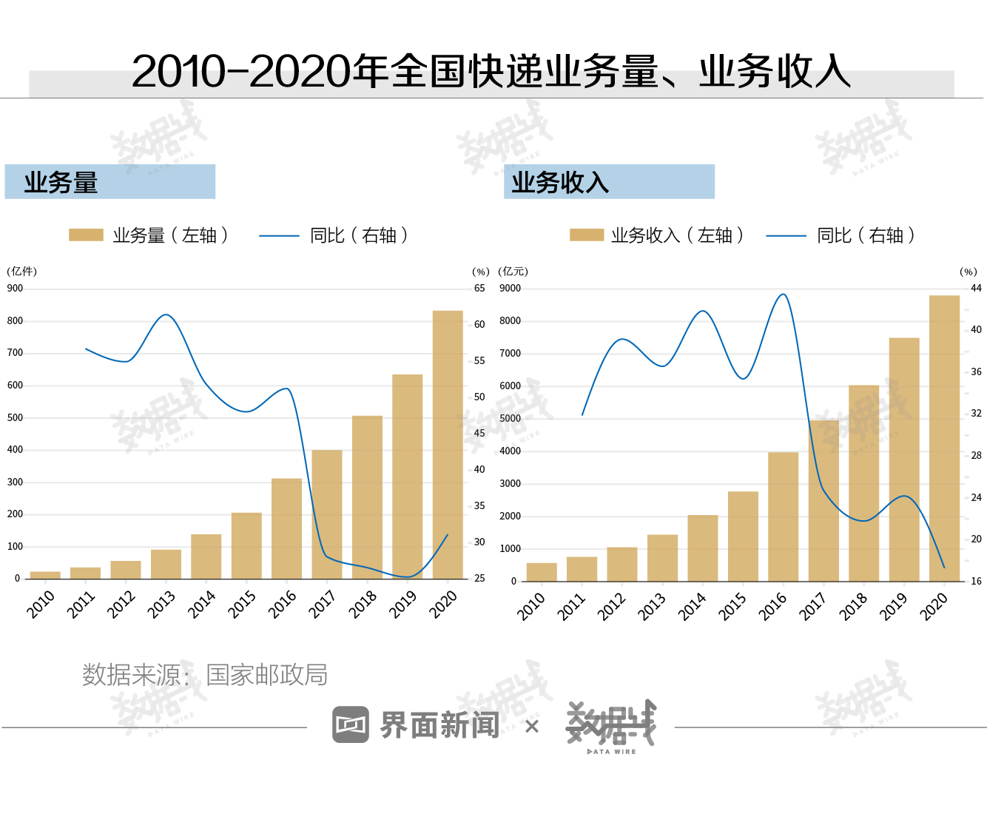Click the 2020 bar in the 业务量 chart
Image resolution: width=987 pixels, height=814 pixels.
(448, 444)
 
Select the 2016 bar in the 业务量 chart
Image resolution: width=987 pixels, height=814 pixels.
(286, 528)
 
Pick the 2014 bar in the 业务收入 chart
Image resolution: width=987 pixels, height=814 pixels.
(703, 548)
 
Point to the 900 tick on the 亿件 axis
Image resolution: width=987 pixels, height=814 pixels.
(15, 289)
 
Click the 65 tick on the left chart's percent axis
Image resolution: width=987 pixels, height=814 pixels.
(479, 289)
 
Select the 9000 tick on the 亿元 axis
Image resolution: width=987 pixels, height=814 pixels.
(510, 289)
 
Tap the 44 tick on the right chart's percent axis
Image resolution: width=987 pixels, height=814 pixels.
(976, 289)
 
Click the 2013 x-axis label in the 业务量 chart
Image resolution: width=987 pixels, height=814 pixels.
(161, 604)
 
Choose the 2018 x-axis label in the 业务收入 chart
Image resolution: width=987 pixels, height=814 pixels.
(853, 606)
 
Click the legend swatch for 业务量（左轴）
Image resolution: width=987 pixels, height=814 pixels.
(86, 235)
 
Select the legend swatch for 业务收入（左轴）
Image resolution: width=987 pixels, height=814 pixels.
(587, 235)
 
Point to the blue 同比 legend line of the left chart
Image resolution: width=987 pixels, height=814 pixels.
(279, 236)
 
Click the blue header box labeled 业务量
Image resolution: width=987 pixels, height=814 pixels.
(110, 182)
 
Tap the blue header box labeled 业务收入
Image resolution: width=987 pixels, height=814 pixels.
(609, 182)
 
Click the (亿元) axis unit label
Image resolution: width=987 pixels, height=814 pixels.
(513, 272)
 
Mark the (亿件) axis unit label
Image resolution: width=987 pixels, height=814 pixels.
(21, 272)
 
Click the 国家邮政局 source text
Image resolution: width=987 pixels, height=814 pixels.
(266, 675)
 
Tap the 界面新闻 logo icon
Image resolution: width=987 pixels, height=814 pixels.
(351, 724)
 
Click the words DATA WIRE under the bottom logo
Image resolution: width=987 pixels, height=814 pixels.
(612, 752)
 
